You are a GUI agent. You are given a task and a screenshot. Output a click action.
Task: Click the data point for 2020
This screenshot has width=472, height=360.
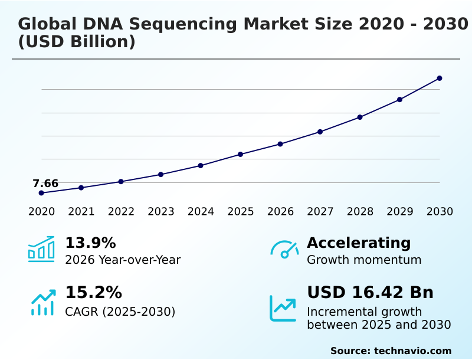point(41,193)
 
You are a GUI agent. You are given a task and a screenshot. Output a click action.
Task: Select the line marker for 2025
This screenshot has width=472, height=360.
point(241,155)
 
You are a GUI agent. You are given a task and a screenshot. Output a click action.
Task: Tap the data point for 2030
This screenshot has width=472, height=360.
point(440,78)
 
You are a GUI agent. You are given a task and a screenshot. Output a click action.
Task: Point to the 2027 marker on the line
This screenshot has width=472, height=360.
point(320,132)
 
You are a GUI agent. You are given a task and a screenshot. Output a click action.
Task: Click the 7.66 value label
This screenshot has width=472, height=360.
point(45,184)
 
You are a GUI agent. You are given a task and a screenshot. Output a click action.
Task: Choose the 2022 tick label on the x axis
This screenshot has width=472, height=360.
point(121,212)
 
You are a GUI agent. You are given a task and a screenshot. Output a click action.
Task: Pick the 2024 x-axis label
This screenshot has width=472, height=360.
point(201,212)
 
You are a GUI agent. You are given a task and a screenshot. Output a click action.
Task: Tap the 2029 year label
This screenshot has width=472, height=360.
point(400,212)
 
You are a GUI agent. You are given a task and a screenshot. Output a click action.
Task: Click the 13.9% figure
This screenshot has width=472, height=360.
point(90,243)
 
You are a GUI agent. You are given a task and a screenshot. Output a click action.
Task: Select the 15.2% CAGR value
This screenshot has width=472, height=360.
point(93,293)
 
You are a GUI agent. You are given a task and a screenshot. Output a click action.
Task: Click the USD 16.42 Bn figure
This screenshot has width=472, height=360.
point(370,293)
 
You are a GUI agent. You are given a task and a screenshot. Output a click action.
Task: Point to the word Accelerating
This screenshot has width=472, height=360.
point(359,243)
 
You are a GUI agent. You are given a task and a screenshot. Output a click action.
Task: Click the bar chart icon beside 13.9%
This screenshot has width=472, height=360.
point(41,249)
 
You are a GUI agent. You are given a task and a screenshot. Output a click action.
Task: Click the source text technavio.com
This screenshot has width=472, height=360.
point(412,351)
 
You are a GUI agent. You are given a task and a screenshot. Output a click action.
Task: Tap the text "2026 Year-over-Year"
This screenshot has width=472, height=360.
point(123,260)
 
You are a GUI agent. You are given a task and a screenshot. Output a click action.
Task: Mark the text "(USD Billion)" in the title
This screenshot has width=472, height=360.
point(77,42)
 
